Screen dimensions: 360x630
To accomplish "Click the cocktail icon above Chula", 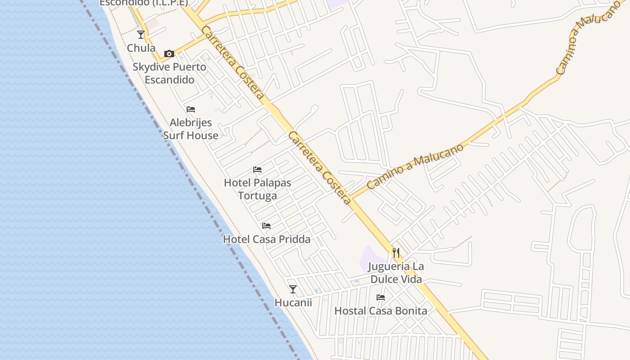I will [141, 34].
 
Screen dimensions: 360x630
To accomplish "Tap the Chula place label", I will [141, 48].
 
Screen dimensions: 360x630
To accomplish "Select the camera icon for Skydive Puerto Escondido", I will [169, 54].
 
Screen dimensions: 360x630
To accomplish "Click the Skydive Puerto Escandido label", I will [169, 73].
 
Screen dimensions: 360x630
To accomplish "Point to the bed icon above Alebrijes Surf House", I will [191, 109].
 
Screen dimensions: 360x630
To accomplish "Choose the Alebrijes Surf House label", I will [190, 129].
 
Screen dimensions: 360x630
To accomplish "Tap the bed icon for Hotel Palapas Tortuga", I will [257, 170].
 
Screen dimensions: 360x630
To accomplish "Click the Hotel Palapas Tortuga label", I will [257, 189].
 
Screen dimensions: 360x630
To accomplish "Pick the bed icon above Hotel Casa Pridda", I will [266, 225].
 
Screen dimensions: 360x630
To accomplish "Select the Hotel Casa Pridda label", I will [266, 239].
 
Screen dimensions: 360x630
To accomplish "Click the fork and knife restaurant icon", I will [396, 252].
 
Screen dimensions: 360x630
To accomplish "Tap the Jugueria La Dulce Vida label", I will [396, 273].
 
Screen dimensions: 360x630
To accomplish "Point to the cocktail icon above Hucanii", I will [293, 289].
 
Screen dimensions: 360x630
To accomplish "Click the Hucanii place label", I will [293, 302].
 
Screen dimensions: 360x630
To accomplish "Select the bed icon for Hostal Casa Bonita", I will [381, 297].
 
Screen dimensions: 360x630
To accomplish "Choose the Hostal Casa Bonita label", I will [381, 310].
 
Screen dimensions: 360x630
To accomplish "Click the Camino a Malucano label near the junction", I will [415, 166].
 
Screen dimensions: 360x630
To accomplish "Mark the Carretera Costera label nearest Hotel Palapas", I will [319, 168].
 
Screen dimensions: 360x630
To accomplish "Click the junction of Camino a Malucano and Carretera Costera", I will [350, 198].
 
